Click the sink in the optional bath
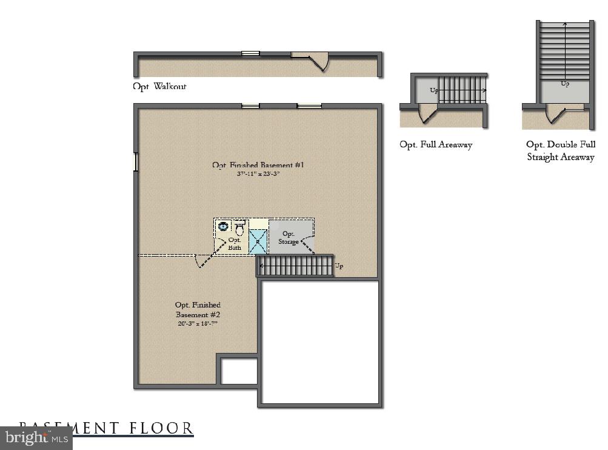(x=223, y=227)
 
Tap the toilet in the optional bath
(x=239, y=229)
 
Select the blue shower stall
(x=258, y=241)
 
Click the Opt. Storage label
(x=288, y=238)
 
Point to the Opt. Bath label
(x=235, y=244)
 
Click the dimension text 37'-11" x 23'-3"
(x=258, y=173)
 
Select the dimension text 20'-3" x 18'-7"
(x=198, y=323)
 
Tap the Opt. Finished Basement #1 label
(x=258, y=165)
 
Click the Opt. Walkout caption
(x=160, y=86)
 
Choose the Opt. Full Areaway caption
(x=435, y=144)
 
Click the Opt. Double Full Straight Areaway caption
(x=560, y=151)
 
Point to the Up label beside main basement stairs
(x=339, y=266)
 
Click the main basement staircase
(x=295, y=266)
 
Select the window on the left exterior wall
(x=136, y=162)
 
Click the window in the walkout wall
(x=250, y=53)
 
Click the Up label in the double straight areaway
(x=564, y=84)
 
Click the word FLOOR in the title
(x=161, y=428)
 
